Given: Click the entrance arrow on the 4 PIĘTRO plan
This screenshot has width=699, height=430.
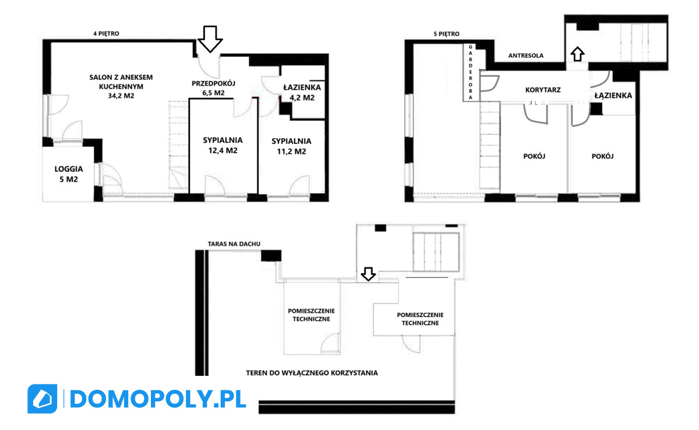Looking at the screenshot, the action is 210,38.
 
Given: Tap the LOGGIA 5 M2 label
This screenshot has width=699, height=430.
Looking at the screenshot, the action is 69,174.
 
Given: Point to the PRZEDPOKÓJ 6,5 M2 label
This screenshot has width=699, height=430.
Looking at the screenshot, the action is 213,88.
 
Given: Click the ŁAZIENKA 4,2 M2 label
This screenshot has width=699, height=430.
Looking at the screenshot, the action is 302,93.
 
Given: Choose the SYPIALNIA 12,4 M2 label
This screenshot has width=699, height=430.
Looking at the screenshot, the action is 223,145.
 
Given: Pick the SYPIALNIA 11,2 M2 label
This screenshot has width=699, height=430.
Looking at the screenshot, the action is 291,146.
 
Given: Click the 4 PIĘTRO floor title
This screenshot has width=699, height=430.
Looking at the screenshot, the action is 106,33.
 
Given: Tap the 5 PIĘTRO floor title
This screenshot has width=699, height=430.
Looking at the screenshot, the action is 446,34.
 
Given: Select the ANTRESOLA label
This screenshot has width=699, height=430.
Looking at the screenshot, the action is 526,55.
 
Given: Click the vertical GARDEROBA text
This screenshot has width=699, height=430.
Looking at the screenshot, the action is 471,72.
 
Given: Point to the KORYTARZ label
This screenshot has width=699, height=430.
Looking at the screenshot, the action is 543,90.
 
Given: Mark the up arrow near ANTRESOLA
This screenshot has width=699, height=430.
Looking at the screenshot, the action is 577,54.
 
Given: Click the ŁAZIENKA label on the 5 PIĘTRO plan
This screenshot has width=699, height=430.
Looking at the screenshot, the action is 613,95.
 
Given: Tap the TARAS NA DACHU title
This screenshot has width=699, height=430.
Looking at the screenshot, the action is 234,244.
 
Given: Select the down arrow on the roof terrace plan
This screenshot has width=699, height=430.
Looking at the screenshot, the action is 368,274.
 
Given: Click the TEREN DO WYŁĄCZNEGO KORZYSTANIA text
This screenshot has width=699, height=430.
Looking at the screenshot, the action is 312,373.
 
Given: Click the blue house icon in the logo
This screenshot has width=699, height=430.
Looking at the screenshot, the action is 43,399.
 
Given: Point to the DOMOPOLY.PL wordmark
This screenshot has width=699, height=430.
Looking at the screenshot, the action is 158,399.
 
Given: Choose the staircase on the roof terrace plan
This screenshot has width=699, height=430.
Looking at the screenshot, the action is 436,252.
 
